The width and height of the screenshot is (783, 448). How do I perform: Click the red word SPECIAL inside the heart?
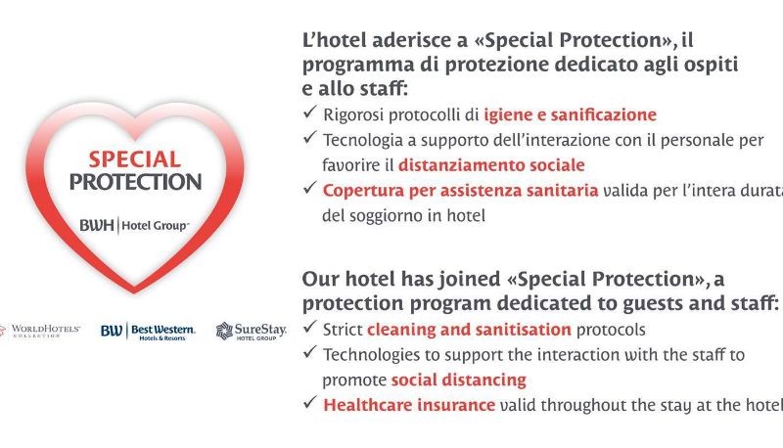tap(135, 159)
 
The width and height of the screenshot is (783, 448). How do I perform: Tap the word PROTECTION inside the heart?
tap(135, 182)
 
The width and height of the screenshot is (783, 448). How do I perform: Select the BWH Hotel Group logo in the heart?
tap(134, 226)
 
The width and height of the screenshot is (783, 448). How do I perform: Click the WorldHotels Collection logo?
tap(40, 331)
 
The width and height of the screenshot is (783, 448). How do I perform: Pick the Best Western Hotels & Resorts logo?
tap(148, 332)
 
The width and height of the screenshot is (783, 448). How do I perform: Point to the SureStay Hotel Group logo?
tap(252, 332)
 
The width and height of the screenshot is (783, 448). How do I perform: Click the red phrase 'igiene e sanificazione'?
tap(570, 114)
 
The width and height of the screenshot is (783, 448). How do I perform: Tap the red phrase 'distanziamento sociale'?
tap(491, 165)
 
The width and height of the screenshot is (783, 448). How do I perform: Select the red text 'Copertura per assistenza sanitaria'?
tap(460, 191)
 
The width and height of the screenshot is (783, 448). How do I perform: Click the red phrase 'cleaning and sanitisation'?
tap(469, 330)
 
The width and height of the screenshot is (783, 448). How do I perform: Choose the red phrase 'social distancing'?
tap(458, 381)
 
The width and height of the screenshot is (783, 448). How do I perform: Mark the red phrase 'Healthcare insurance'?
tap(409, 405)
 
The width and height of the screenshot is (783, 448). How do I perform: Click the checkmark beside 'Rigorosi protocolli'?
tap(310, 112)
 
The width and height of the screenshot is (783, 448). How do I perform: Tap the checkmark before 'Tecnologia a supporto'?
tap(310, 137)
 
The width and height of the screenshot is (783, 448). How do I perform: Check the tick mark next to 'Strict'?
tap(310, 327)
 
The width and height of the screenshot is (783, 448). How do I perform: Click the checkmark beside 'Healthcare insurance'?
tap(310, 402)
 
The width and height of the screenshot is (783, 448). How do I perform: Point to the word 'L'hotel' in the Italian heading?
tap(335, 40)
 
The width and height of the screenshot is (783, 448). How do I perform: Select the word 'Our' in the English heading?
tap(320, 279)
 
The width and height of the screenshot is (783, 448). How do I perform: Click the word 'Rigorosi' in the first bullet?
tap(353, 115)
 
